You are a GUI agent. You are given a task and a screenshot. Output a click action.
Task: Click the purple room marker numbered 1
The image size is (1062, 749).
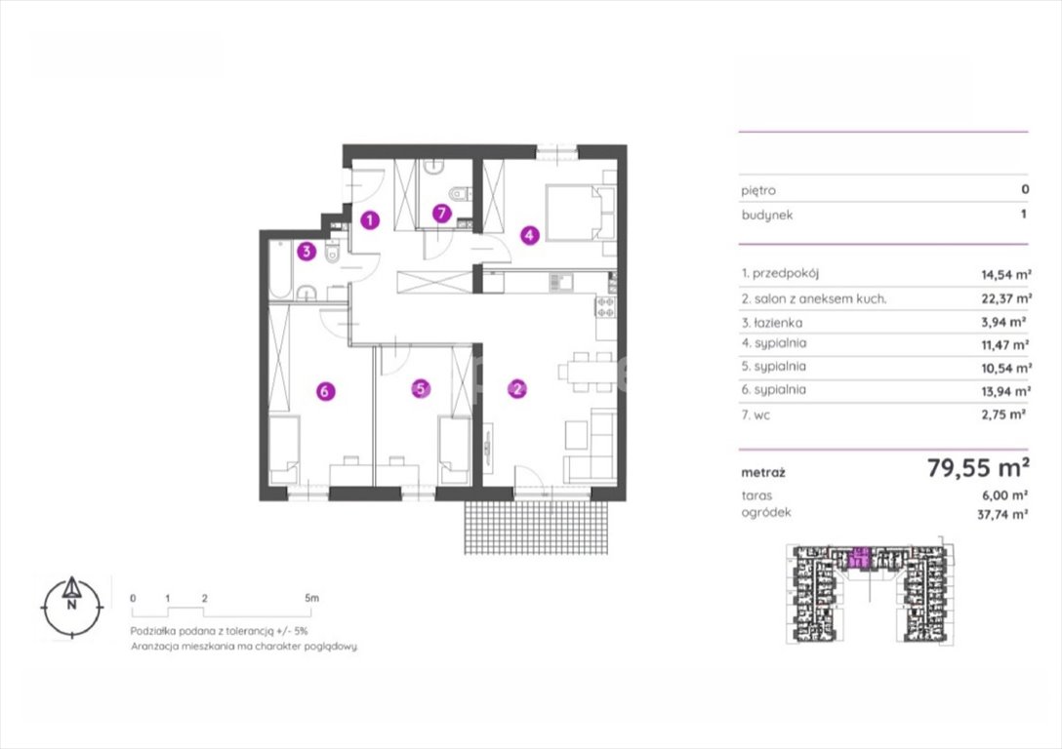pyautogui.click(x=370, y=219)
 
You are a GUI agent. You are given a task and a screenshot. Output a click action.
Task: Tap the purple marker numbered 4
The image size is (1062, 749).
pyautogui.click(x=530, y=235)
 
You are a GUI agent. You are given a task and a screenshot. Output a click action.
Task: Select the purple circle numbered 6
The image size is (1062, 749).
pyautogui.click(x=325, y=391)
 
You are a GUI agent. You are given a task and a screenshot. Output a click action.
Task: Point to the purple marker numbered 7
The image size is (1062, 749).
pyautogui.click(x=441, y=214)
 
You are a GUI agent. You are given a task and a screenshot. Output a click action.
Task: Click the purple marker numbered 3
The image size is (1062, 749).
pyautogui.click(x=306, y=252)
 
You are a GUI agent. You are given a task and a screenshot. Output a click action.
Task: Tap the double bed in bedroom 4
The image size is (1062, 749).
pyautogui.click(x=582, y=212)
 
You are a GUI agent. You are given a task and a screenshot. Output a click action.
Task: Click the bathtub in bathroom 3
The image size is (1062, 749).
pyautogui.click(x=280, y=270)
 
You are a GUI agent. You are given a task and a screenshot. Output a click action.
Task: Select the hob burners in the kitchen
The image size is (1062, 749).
pyautogui.click(x=605, y=307)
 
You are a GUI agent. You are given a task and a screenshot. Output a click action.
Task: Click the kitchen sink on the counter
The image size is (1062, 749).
pyautogui.click(x=560, y=282)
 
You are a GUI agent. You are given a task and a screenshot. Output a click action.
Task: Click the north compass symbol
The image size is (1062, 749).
pyautogui.click(x=72, y=607)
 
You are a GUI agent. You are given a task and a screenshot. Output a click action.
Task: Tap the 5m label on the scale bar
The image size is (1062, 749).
pyautogui.click(x=311, y=598)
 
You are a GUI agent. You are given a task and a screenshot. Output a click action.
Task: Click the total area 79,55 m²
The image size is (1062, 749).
pyautogui.click(x=979, y=467)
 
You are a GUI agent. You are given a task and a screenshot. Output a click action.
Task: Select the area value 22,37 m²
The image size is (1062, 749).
pyautogui.click(x=1006, y=298)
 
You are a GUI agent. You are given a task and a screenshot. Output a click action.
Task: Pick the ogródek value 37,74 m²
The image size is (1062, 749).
pyautogui.click(x=1002, y=514)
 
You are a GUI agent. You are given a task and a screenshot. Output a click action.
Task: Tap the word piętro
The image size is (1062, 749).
pyautogui.click(x=758, y=191)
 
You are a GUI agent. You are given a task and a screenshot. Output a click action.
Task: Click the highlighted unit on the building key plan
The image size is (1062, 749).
pyautogui.click(x=859, y=558)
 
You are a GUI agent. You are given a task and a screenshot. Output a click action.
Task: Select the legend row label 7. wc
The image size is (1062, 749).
pyautogui.click(x=756, y=415)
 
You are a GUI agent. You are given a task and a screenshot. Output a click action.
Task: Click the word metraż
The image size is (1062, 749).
pyautogui.click(x=763, y=473)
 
